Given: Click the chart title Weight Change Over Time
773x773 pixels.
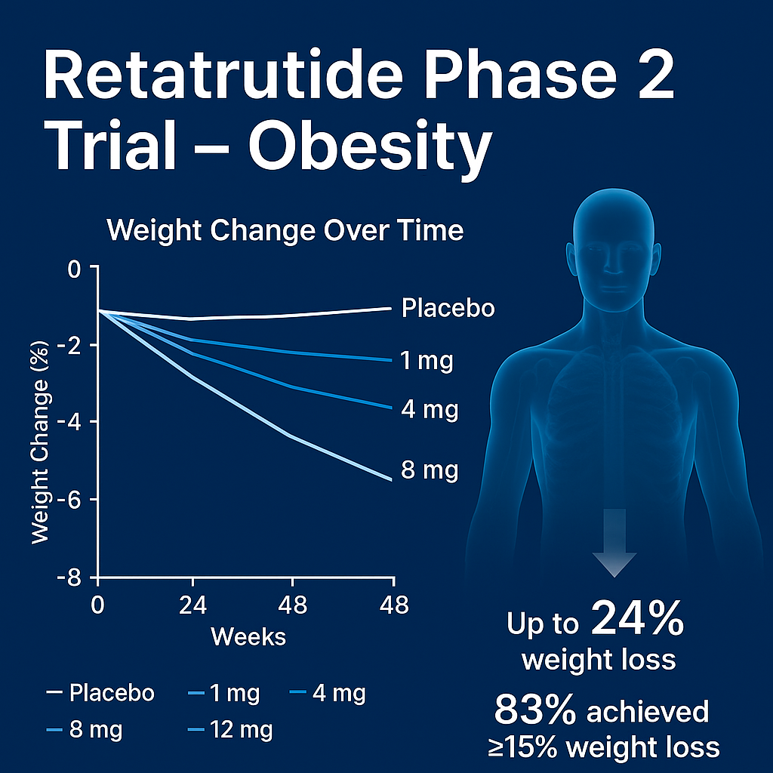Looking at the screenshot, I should [285, 229].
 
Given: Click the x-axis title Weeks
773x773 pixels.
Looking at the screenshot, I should [248, 636].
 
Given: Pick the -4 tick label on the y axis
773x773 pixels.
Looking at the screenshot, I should [75, 422].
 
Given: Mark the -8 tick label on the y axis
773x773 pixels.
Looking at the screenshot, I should [75, 578].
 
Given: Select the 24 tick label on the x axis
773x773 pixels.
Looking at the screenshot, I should [192, 605].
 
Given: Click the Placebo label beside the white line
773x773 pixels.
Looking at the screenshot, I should [448, 308].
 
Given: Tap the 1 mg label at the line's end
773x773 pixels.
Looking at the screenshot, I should [427, 361].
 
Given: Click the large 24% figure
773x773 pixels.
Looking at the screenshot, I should [637, 621].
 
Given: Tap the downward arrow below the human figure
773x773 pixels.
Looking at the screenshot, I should [614, 544].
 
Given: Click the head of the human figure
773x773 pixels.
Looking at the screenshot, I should [612, 242].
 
